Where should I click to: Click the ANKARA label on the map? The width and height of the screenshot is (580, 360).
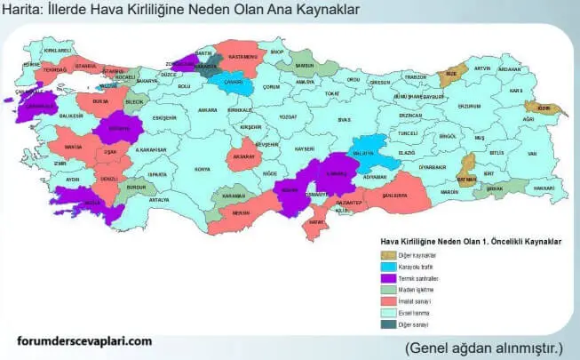207,110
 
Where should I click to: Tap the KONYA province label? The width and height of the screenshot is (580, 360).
203,168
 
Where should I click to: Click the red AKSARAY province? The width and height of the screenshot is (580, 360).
243,156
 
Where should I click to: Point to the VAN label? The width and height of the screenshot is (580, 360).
532,153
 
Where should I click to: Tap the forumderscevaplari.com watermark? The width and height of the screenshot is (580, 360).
84,340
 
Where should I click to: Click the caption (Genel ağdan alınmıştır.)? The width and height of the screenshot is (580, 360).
485,347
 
